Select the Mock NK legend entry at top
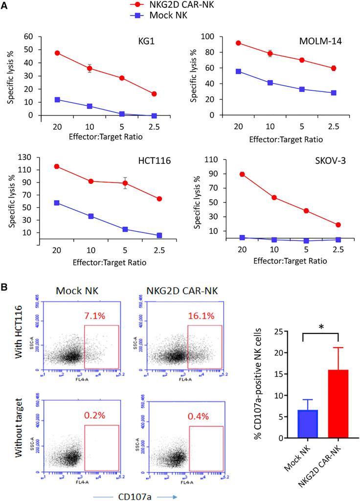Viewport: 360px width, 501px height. coord(159,16)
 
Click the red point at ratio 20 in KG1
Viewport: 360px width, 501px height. coord(58,53)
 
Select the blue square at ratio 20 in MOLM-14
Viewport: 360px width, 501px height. coord(238,71)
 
